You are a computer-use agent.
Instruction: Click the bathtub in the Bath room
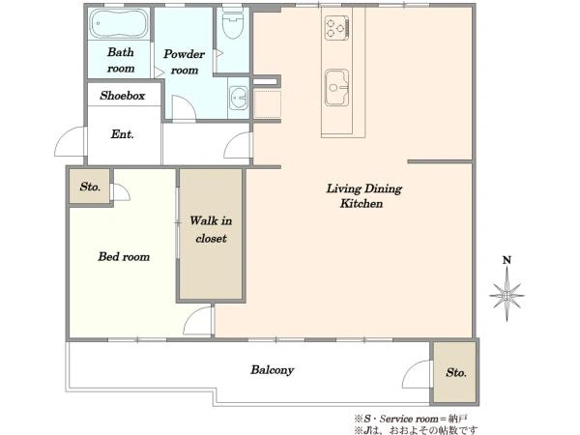[119, 23]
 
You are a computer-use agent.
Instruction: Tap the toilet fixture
[233, 22]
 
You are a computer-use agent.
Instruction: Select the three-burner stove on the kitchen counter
[336, 28]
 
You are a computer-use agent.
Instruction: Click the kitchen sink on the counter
[336, 87]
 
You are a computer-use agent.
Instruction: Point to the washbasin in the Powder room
[238, 98]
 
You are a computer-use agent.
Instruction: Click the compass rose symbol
[507, 295]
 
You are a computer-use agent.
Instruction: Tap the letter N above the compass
[507, 260]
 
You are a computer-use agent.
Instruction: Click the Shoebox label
[122, 96]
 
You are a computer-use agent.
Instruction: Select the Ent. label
[122, 134]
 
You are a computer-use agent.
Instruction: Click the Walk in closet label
[211, 229]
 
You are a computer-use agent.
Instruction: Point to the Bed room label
[124, 256]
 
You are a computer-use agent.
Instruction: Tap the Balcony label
[273, 369]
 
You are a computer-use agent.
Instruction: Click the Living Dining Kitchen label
[363, 195]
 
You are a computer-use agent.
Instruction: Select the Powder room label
[184, 62]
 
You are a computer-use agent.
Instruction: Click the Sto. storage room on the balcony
[455, 372]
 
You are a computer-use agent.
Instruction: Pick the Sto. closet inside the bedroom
[90, 186]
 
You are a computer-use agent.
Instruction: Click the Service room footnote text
[410, 419]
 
